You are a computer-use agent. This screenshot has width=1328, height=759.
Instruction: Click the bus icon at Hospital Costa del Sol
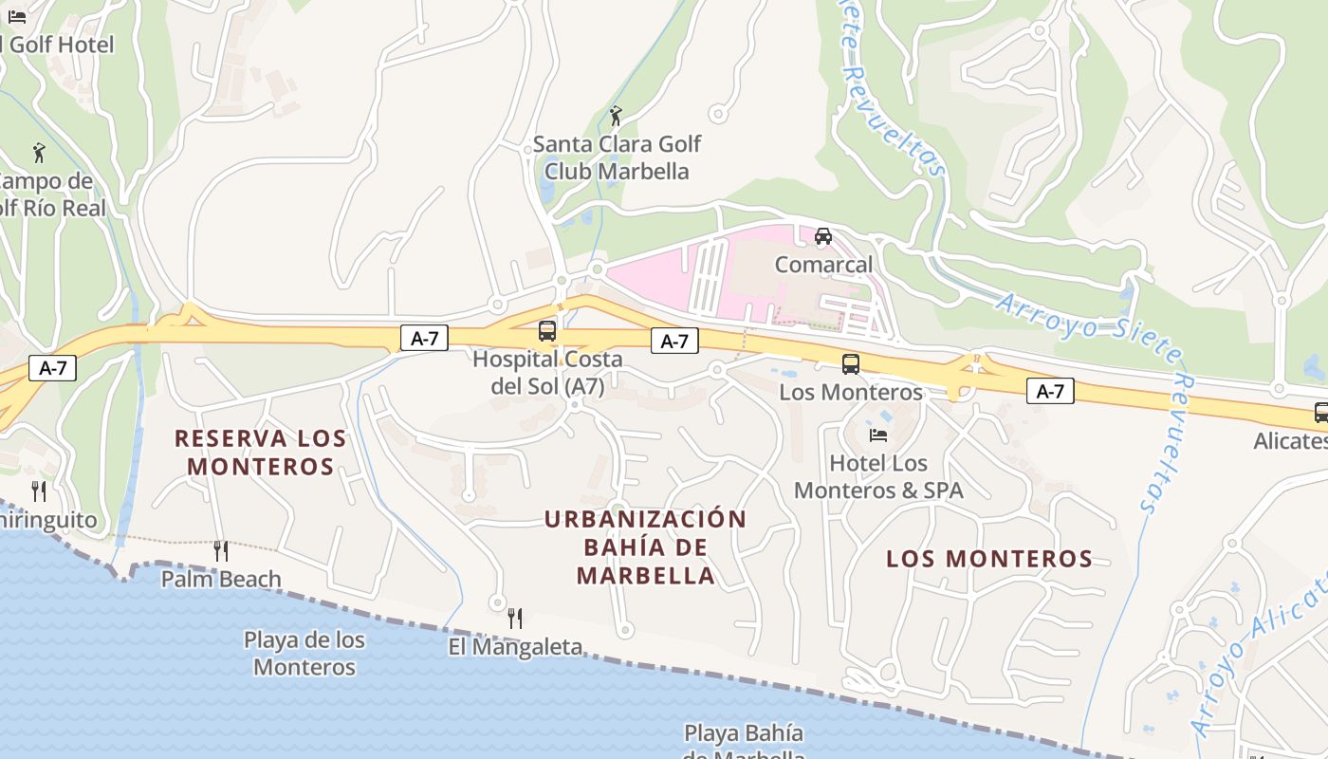point(547,331)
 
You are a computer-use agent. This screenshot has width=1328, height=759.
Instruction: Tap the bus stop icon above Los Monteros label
point(851,363)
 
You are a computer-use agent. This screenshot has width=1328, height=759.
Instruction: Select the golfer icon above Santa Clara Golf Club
point(617,116)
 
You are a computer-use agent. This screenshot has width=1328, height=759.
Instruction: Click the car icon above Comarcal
point(823,236)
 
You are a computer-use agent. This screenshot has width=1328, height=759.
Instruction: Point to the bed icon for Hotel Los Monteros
point(878,435)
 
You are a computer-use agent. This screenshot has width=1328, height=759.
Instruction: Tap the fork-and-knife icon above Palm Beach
point(221,550)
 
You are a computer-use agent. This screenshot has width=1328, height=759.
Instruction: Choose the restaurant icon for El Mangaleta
point(515,619)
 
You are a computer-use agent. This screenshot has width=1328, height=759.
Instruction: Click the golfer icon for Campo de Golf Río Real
point(39,153)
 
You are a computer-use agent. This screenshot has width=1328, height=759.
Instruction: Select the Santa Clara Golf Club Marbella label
point(617,157)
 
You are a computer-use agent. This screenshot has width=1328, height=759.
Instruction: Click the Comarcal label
point(823,265)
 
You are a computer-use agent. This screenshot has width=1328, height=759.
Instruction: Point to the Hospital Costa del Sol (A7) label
point(547,373)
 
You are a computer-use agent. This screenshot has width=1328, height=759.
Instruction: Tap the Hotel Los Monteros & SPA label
point(878,476)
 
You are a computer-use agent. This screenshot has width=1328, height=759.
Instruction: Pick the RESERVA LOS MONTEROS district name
point(261,453)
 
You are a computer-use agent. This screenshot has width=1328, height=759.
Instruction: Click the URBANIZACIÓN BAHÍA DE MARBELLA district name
point(646,547)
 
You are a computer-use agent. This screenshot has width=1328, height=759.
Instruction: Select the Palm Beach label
point(221,579)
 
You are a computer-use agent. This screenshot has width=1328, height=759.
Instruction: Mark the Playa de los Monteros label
point(304,653)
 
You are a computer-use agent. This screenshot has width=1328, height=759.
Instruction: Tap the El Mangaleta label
point(515,647)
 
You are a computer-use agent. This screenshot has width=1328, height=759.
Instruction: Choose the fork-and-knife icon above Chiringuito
point(39,491)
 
